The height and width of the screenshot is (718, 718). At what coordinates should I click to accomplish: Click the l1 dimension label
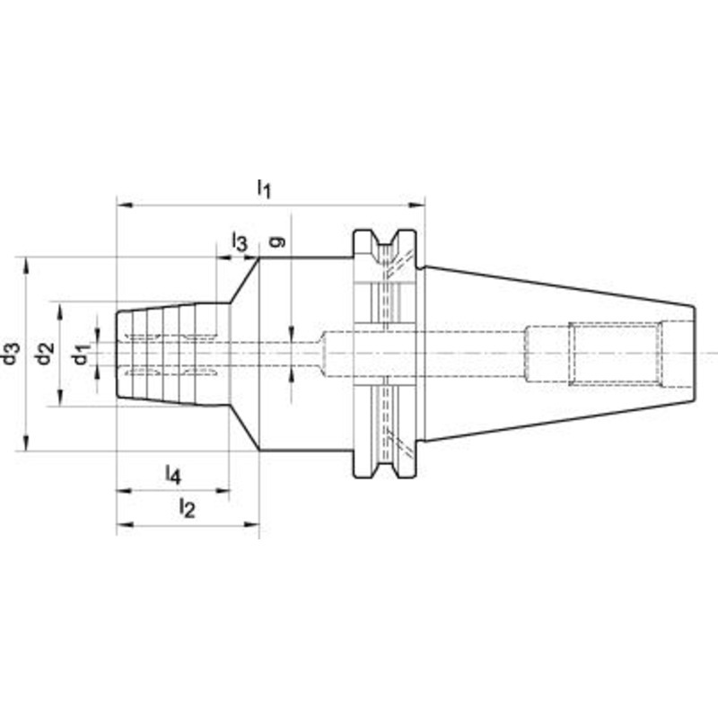264,188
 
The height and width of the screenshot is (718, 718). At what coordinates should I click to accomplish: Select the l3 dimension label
240,241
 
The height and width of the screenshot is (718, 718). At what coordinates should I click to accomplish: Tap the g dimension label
277,241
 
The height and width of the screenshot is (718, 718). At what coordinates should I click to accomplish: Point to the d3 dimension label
12,353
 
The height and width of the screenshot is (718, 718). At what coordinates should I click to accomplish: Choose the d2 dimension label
45,354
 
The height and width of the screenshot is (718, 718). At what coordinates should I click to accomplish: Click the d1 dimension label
82,354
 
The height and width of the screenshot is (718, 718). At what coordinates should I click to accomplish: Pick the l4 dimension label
173,475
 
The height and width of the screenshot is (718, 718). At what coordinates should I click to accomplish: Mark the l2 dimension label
187,508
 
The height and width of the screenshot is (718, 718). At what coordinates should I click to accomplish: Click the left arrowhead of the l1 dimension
125,205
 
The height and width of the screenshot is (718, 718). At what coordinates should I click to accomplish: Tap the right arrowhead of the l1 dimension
416,205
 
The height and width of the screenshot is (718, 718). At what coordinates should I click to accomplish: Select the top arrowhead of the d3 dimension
26,266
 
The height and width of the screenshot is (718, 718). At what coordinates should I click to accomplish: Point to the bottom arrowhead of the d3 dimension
26,442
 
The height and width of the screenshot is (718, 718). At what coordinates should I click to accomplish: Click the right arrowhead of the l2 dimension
251,524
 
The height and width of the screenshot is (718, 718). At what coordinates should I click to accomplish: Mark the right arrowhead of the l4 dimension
221,491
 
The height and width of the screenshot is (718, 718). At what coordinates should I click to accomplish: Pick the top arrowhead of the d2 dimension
60,310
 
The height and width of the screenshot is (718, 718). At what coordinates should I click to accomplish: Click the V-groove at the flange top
385,241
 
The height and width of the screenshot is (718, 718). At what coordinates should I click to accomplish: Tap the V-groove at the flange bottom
385,466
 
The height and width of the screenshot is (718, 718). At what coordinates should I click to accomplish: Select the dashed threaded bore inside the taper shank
616,354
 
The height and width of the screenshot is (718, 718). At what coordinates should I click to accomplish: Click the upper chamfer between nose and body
244,280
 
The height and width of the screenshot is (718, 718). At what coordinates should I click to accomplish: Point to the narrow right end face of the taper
695,354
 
